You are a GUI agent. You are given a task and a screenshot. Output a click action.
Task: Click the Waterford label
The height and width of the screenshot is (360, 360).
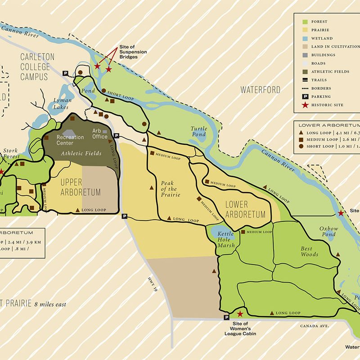[261, 90]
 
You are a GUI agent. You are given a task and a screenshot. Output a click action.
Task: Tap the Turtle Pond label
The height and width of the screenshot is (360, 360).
[198, 131]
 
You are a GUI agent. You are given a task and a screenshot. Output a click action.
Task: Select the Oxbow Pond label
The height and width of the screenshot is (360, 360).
[328, 231]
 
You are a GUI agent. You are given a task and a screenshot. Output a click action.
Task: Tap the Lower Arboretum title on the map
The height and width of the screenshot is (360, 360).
[245, 210]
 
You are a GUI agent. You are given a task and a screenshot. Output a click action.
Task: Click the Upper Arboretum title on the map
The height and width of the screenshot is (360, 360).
[81, 187]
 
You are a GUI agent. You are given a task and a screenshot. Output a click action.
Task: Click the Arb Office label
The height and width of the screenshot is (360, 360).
[99, 134]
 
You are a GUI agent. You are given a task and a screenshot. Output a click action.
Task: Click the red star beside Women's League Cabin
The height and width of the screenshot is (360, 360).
[240, 314]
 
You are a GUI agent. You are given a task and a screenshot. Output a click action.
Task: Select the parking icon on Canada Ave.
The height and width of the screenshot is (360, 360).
[226, 318]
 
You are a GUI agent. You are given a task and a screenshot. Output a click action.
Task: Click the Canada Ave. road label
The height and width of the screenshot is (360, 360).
[316, 325]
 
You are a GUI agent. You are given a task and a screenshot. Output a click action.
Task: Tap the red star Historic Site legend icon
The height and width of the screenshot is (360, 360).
[304, 105]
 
